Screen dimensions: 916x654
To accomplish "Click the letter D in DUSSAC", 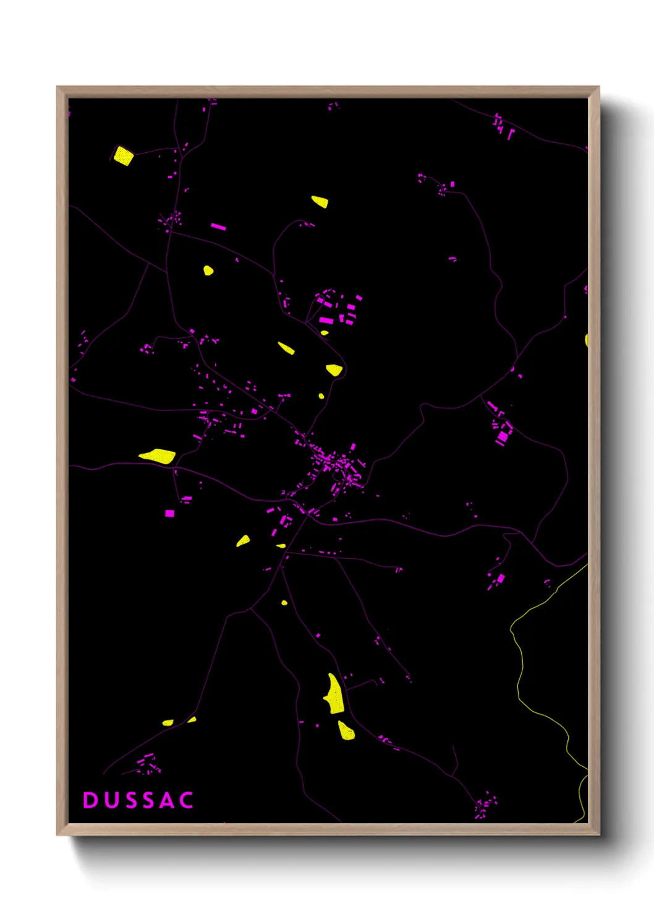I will point(90,800).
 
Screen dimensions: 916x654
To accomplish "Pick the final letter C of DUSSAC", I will point(186,800).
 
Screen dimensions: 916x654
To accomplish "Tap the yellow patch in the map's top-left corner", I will point(124,155).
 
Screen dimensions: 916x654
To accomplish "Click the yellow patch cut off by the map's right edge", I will point(586,340).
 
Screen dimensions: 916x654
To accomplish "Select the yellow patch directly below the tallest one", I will point(346,731).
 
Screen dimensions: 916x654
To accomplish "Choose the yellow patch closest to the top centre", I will point(320,201).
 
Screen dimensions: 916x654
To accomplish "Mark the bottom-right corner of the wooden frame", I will point(598,834).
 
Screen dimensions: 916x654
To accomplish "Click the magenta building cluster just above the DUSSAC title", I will point(147,763).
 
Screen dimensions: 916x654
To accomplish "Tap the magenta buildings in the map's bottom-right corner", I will point(485,805).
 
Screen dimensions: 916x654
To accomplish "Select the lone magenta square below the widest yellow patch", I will point(169,513).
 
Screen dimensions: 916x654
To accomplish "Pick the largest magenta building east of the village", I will point(503,436).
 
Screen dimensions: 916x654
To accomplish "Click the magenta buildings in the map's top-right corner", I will point(503,126).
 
